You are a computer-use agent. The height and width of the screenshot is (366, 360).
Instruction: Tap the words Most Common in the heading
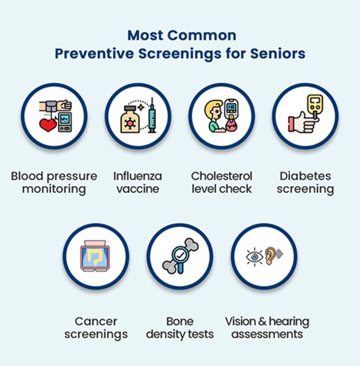coord(181,35)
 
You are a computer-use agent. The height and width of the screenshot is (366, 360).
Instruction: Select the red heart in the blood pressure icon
coord(48,125)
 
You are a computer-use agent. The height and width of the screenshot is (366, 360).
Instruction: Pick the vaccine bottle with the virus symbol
coord(130,121)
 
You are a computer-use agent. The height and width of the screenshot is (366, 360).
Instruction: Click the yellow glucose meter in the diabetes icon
coord(313,107)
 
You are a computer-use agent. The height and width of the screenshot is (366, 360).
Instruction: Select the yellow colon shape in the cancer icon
coord(96,257)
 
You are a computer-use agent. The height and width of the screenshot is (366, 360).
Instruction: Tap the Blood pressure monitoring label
coord(54,182)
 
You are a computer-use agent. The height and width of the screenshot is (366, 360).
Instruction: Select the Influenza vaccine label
coord(138,182)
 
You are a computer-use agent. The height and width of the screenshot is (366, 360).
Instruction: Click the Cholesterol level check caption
coord(221,182)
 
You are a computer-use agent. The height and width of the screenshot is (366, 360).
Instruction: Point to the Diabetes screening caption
coord(305,182)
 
